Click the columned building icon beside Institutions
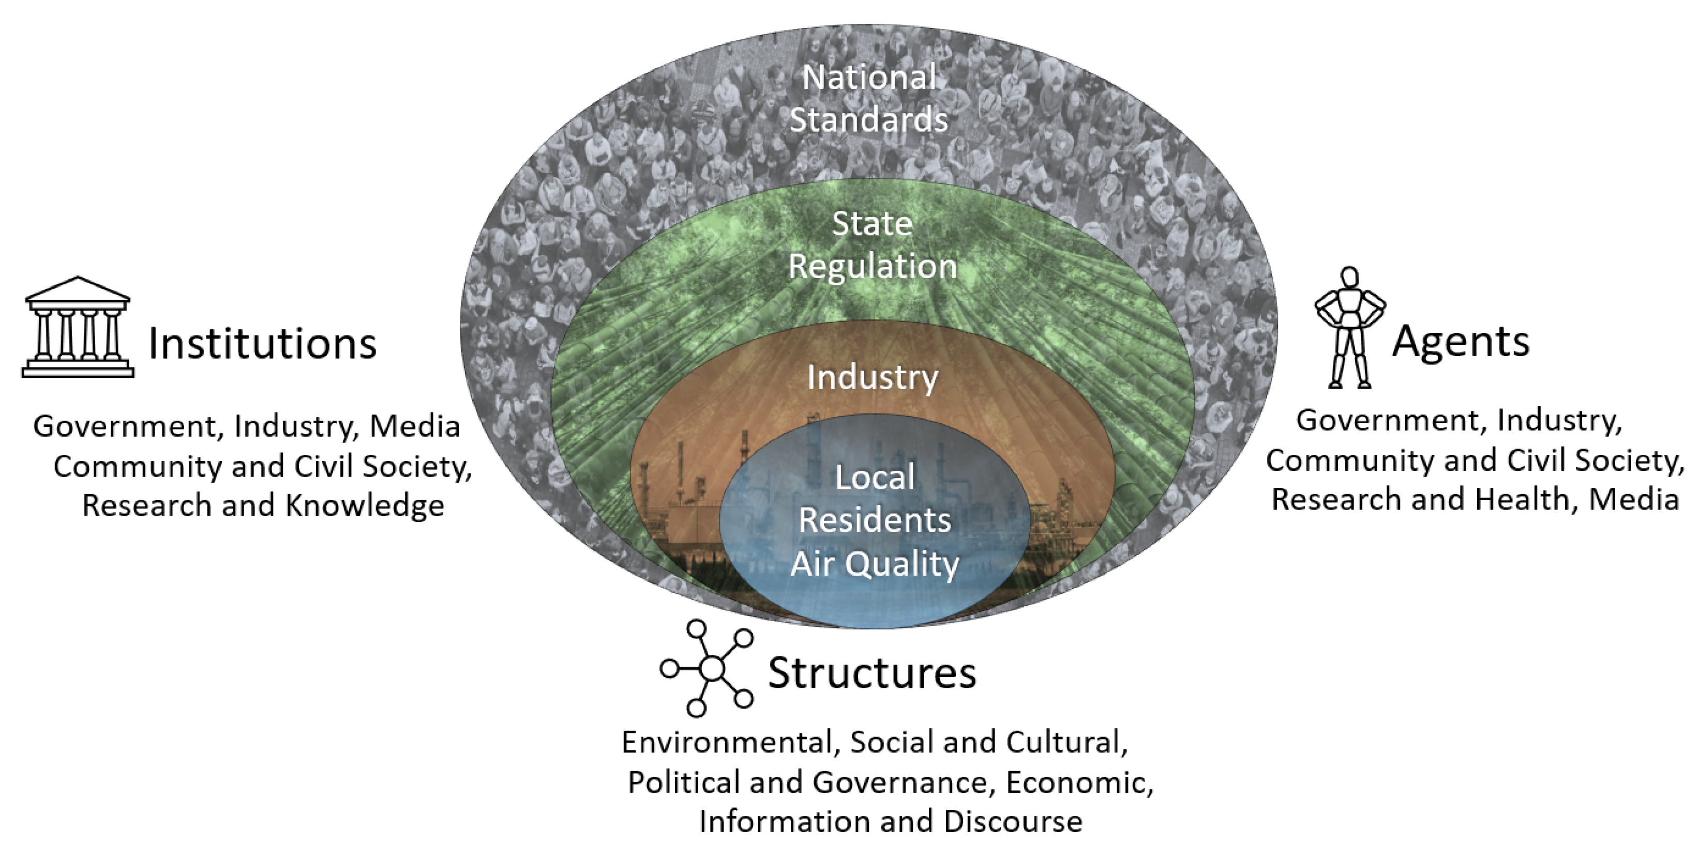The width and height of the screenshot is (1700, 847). coord(78,328)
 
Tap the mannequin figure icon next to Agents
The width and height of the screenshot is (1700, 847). coord(1349,328)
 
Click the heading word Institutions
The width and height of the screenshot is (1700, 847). coord(262,344)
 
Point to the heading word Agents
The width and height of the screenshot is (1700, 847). coord(1461,341)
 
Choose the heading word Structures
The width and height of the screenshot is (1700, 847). coord(871,673)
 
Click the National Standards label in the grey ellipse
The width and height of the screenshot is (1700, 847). coord(868,99)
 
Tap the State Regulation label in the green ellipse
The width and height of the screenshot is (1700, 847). coord(872,245)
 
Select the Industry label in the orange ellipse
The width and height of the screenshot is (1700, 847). coord(872,377)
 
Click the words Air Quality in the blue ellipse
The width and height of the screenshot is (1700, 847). coord(875,564)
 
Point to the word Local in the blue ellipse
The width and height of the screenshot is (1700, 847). coord(875,477)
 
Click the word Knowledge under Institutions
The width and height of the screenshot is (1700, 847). coord(365,506)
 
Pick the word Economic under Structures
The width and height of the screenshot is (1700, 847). coord(1078,782)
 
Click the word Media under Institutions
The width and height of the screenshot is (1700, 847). coord(414,426)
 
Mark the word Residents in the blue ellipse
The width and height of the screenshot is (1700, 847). coord(875,520)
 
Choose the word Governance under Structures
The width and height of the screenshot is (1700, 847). coord(899,782)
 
